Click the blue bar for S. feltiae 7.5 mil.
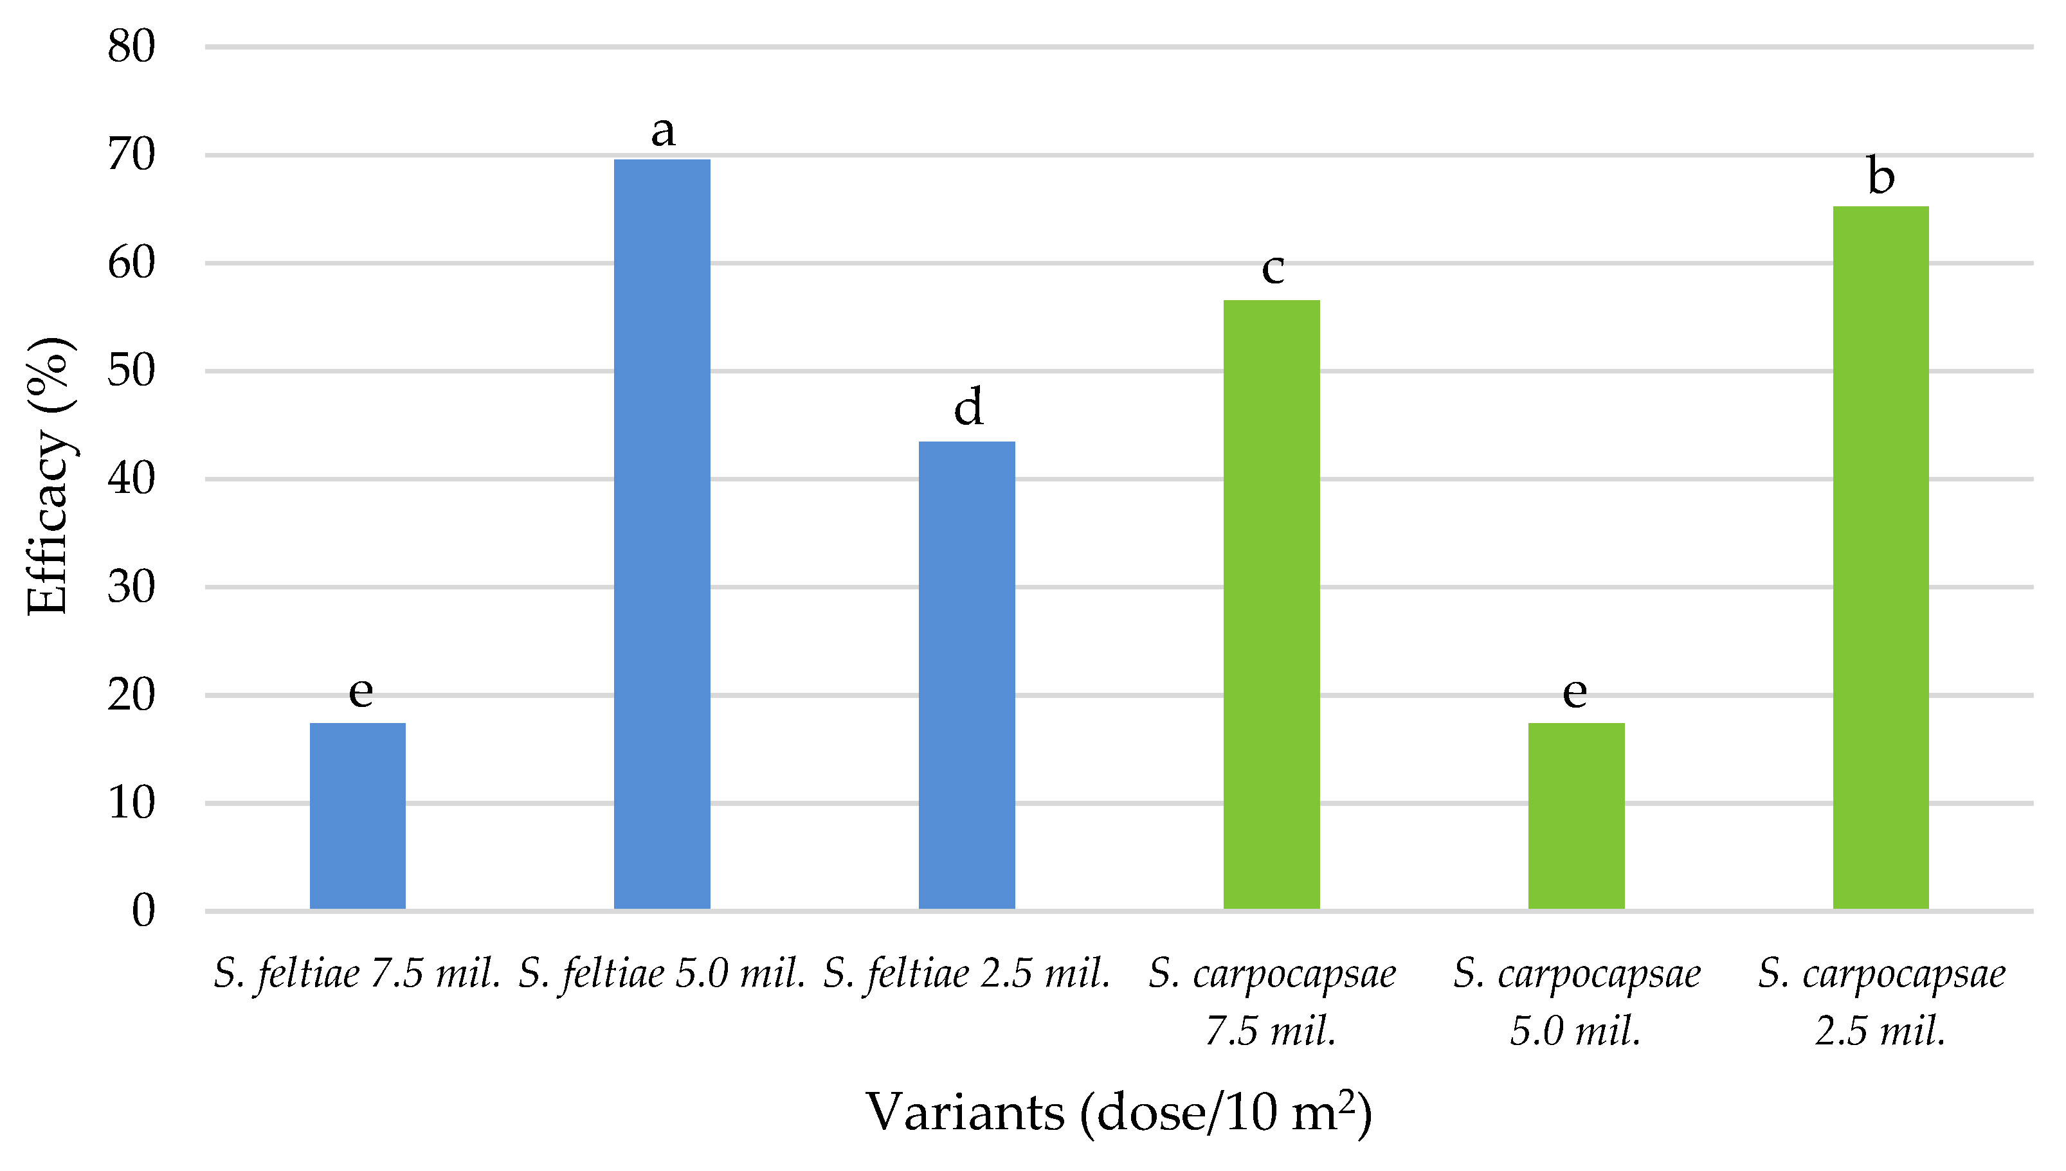tap(358, 816)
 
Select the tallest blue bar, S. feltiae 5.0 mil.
tap(662, 534)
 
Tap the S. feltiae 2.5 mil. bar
tap(966, 675)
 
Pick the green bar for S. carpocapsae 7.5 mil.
tap(1271, 604)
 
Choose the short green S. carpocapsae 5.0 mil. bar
tap(1576, 816)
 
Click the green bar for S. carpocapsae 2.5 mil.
tap(1880, 557)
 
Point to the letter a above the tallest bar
tap(663, 130)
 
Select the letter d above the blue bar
tap(968, 407)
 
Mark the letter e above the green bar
tap(1575, 692)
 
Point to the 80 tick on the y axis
tap(131, 47)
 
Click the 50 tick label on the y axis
tap(131, 371)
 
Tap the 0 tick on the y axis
tap(143, 911)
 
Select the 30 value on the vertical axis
tap(131, 587)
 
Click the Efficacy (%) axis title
tap(48, 476)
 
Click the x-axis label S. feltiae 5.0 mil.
tap(661, 974)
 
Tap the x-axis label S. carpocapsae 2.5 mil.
tap(1881, 1001)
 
